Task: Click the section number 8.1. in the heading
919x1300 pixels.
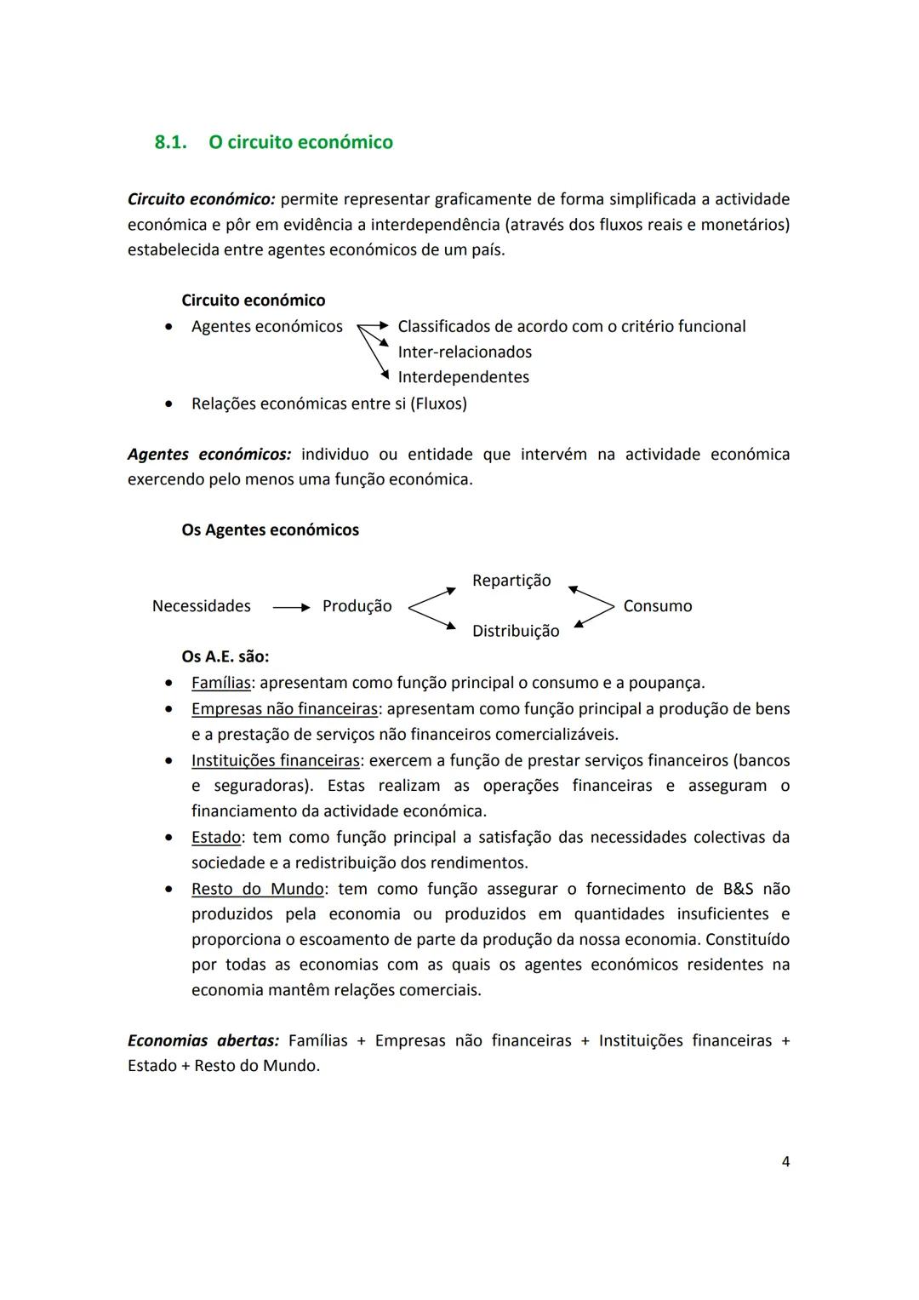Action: point(170,142)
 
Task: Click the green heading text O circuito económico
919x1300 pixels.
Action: point(300,142)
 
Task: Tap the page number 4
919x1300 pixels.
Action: point(785,1161)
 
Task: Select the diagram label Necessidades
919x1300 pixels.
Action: point(201,606)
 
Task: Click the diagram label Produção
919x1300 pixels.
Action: point(357,606)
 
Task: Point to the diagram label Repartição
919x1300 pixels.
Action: point(511,581)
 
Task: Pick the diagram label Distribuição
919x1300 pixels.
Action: point(516,631)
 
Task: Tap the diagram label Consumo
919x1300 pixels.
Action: point(657,606)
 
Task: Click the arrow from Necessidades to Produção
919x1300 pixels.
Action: point(292,607)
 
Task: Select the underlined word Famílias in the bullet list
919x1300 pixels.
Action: point(221,683)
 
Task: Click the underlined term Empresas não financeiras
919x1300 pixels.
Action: point(284,709)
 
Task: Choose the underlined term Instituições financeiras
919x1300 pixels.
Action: point(276,760)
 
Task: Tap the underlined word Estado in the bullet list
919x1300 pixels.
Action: point(216,838)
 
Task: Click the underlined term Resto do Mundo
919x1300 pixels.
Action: point(257,889)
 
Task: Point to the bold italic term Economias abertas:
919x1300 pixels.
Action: point(203,1040)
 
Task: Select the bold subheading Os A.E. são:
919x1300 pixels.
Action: point(225,656)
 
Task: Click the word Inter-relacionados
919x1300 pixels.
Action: point(465,352)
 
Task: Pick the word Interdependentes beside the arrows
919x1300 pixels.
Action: point(463,377)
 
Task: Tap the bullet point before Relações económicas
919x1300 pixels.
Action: point(171,404)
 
